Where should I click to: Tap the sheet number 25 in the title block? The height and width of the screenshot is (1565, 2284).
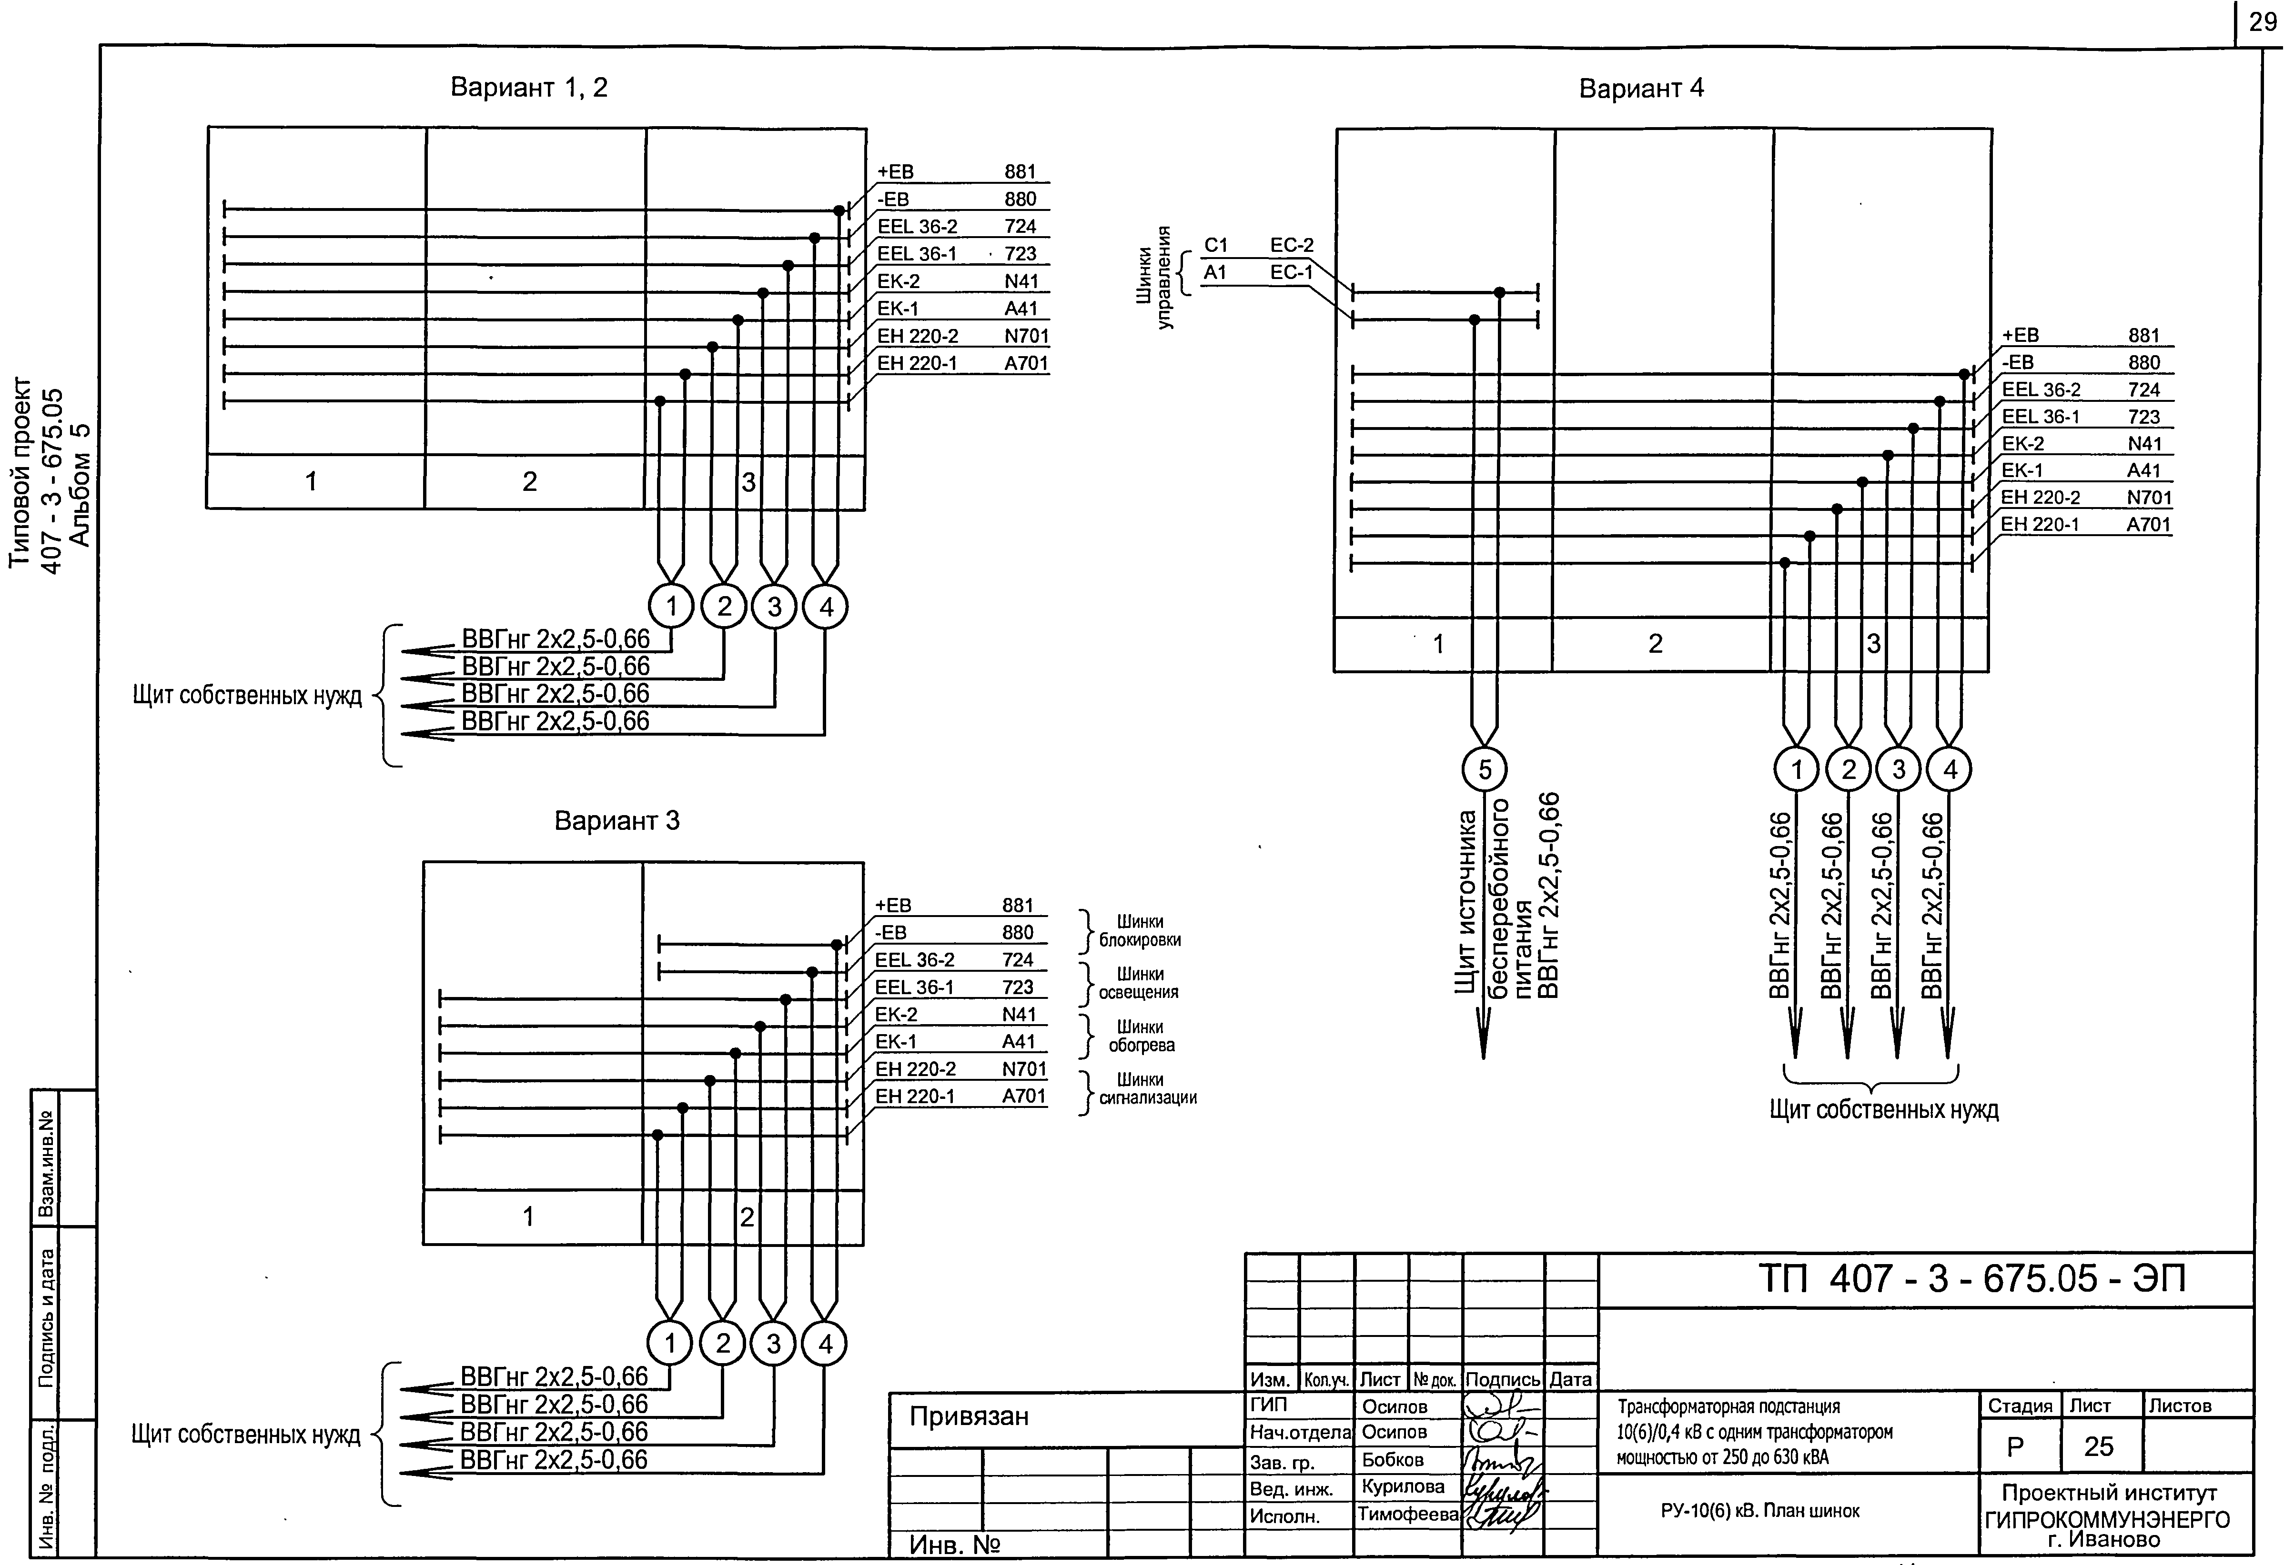click(x=2098, y=1446)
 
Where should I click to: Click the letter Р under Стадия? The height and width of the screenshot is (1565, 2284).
click(x=2016, y=1446)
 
